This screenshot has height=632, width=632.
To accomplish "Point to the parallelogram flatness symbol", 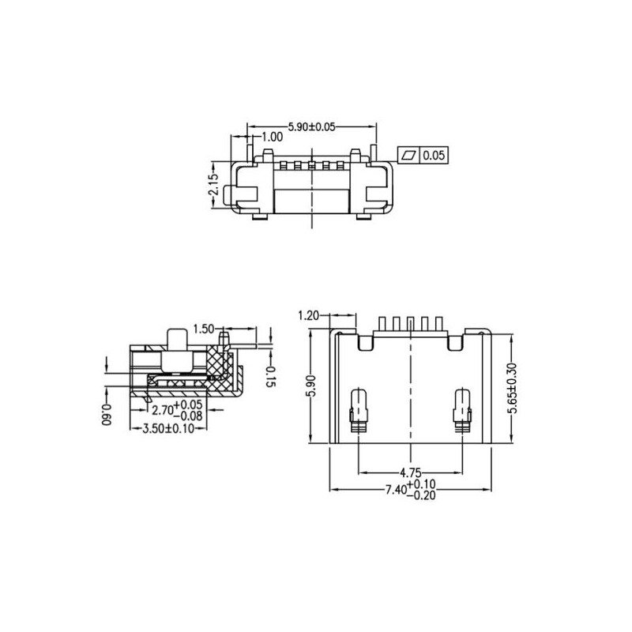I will coord(408,156).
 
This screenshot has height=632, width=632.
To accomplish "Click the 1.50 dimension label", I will coord(204,328).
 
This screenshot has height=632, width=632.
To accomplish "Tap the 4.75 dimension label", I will coord(409,473).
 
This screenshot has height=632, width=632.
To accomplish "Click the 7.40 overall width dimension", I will coord(411,490).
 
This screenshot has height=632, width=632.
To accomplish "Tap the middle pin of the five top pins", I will coord(411,324).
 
